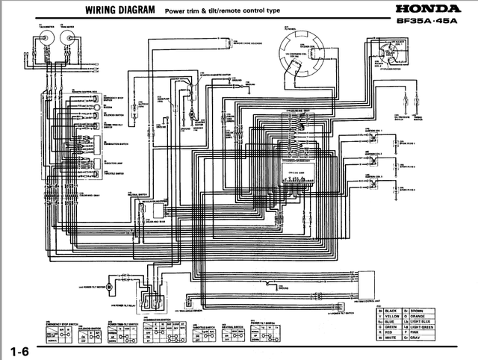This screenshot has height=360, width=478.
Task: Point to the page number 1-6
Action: (20, 350)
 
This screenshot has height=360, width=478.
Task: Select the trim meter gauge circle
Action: (65, 43)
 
